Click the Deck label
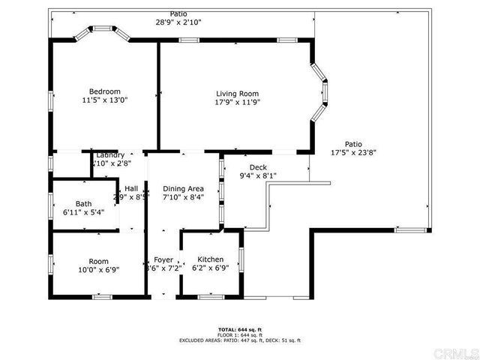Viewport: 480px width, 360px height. (x=258, y=168)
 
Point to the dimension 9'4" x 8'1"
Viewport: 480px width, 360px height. (x=258, y=177)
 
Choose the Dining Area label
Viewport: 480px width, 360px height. (x=184, y=189)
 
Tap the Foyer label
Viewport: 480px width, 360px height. (x=163, y=259)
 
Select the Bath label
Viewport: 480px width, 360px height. (x=83, y=204)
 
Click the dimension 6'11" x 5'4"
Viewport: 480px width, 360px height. (x=83, y=212)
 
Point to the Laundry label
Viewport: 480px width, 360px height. (x=110, y=155)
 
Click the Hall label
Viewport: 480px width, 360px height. (x=131, y=189)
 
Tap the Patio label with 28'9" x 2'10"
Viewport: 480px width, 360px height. (x=178, y=14)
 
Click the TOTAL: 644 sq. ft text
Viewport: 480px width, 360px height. (x=239, y=329)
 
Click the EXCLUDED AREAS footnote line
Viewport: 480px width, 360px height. (x=239, y=340)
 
